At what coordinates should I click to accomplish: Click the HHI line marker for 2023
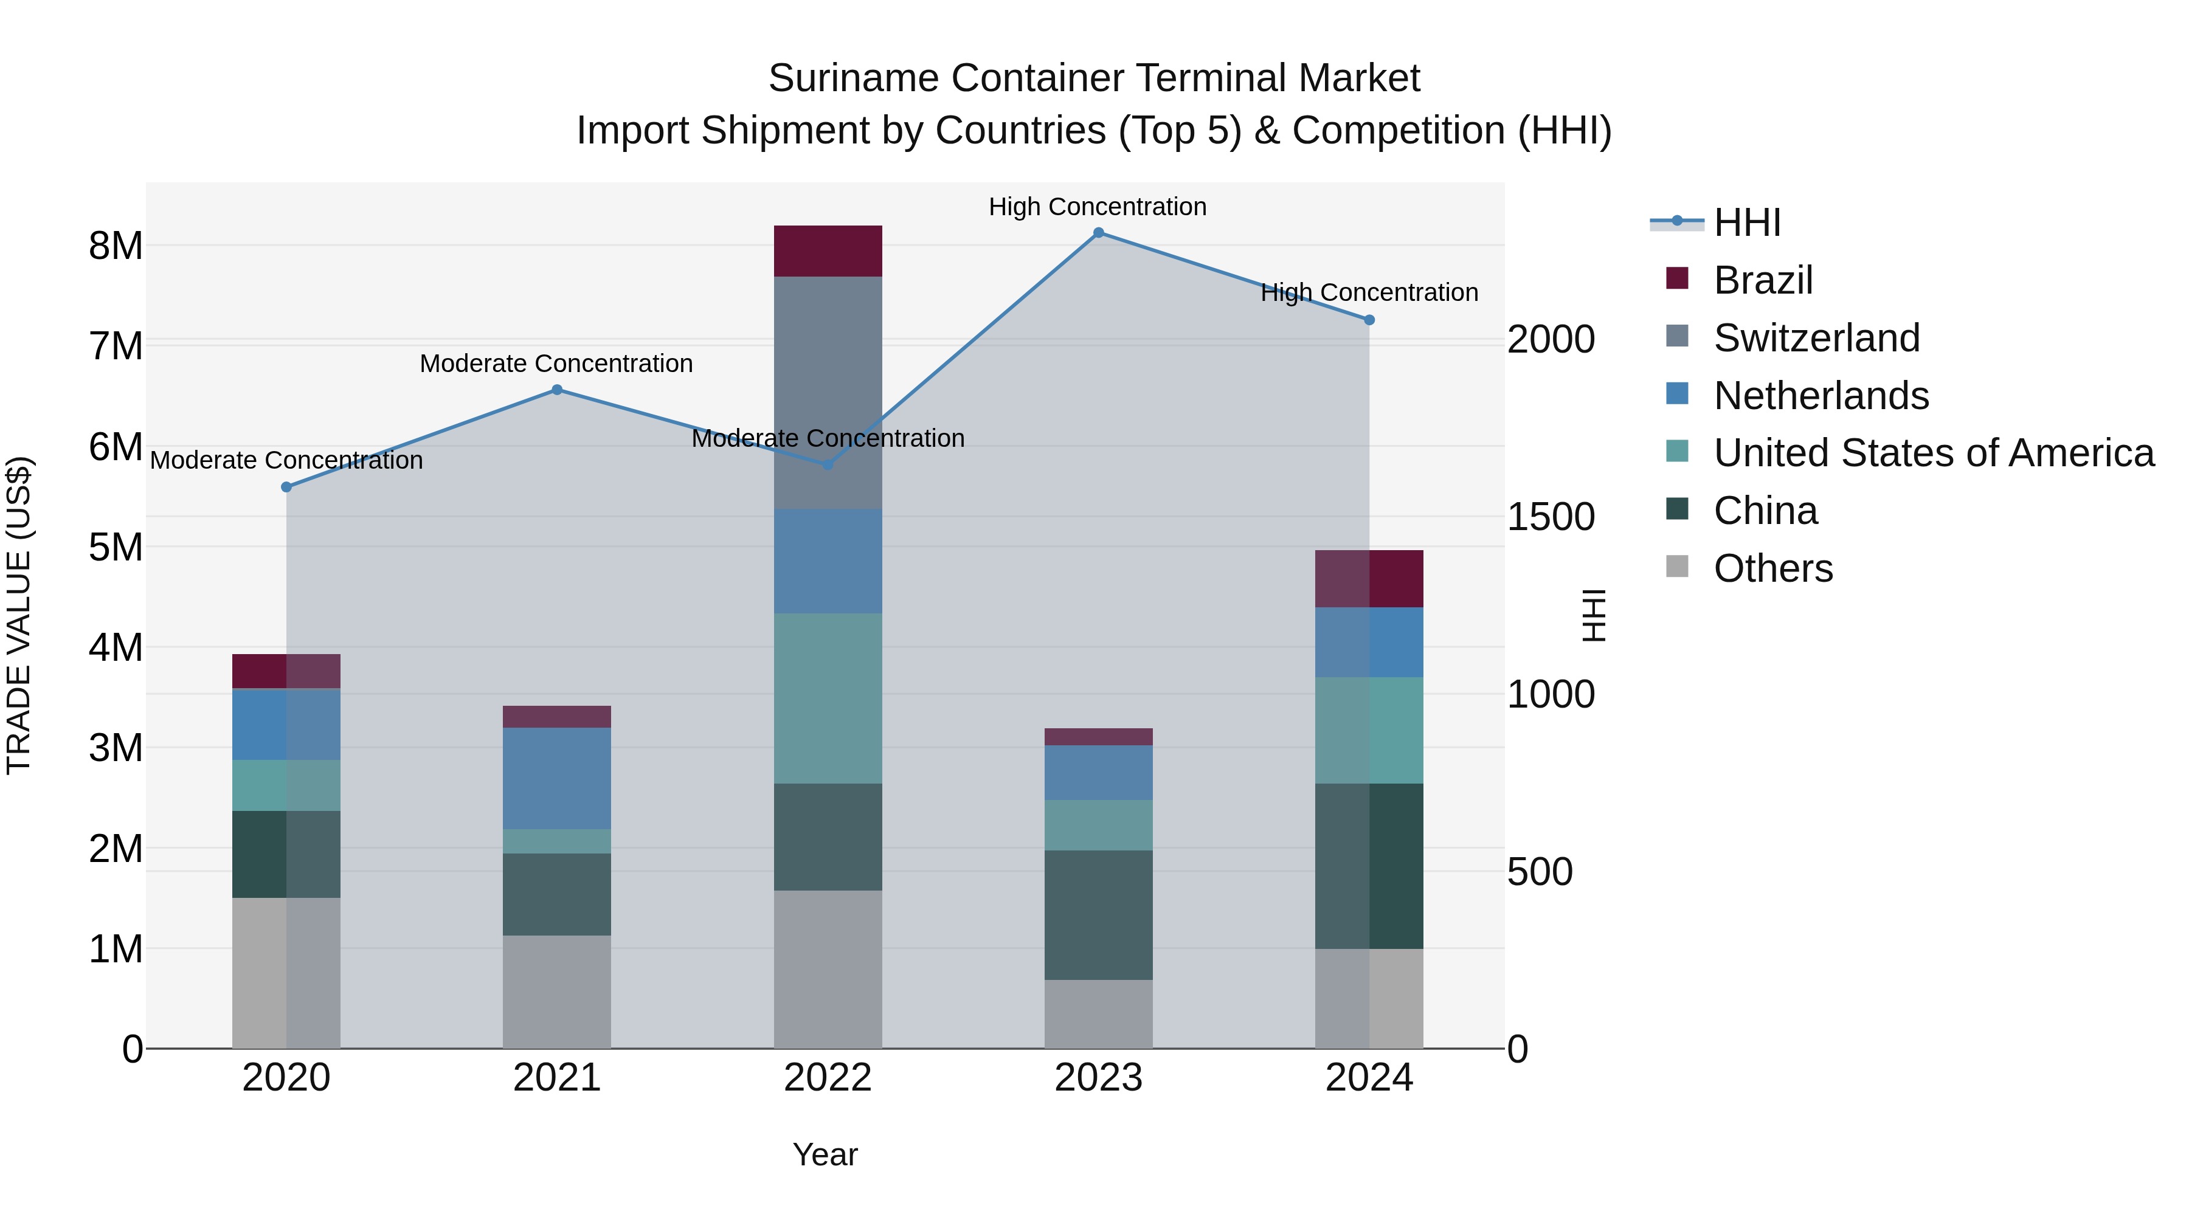(x=1098, y=233)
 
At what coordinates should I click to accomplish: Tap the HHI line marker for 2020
(x=286, y=487)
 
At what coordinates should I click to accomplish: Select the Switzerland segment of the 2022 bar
(x=828, y=393)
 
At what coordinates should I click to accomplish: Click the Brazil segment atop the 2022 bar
(x=828, y=252)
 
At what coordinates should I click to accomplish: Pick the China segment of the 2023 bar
(x=1098, y=915)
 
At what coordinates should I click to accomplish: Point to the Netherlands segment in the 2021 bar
(x=556, y=778)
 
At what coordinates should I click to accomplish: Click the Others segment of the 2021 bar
(x=556, y=991)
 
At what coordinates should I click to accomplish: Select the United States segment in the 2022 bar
(x=828, y=698)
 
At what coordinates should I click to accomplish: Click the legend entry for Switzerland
(x=1816, y=338)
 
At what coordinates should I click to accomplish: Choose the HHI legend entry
(x=1746, y=222)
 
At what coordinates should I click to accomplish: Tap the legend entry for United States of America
(x=1933, y=453)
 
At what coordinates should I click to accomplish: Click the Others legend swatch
(x=1676, y=567)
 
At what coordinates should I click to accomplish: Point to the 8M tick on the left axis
(x=116, y=246)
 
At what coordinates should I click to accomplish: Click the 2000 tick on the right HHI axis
(x=1551, y=340)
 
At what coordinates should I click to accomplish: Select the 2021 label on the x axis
(x=556, y=1078)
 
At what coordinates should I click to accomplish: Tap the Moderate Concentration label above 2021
(x=556, y=364)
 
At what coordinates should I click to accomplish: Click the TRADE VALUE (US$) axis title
(x=19, y=615)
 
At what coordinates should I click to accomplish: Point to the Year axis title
(x=825, y=1154)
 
